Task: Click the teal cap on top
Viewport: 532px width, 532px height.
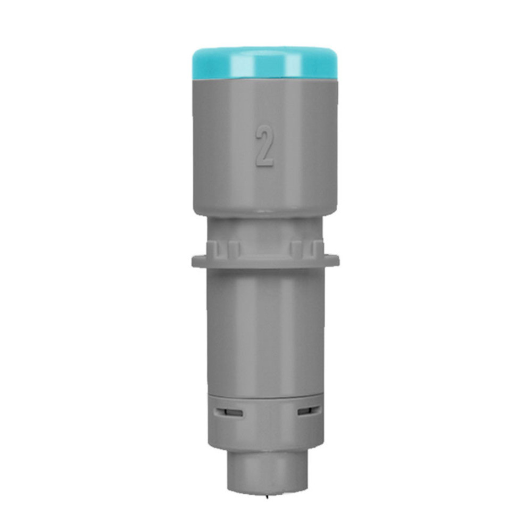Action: pos(265,64)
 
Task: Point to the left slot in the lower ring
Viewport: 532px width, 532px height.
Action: pos(228,412)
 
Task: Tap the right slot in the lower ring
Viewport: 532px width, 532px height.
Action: pos(308,412)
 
